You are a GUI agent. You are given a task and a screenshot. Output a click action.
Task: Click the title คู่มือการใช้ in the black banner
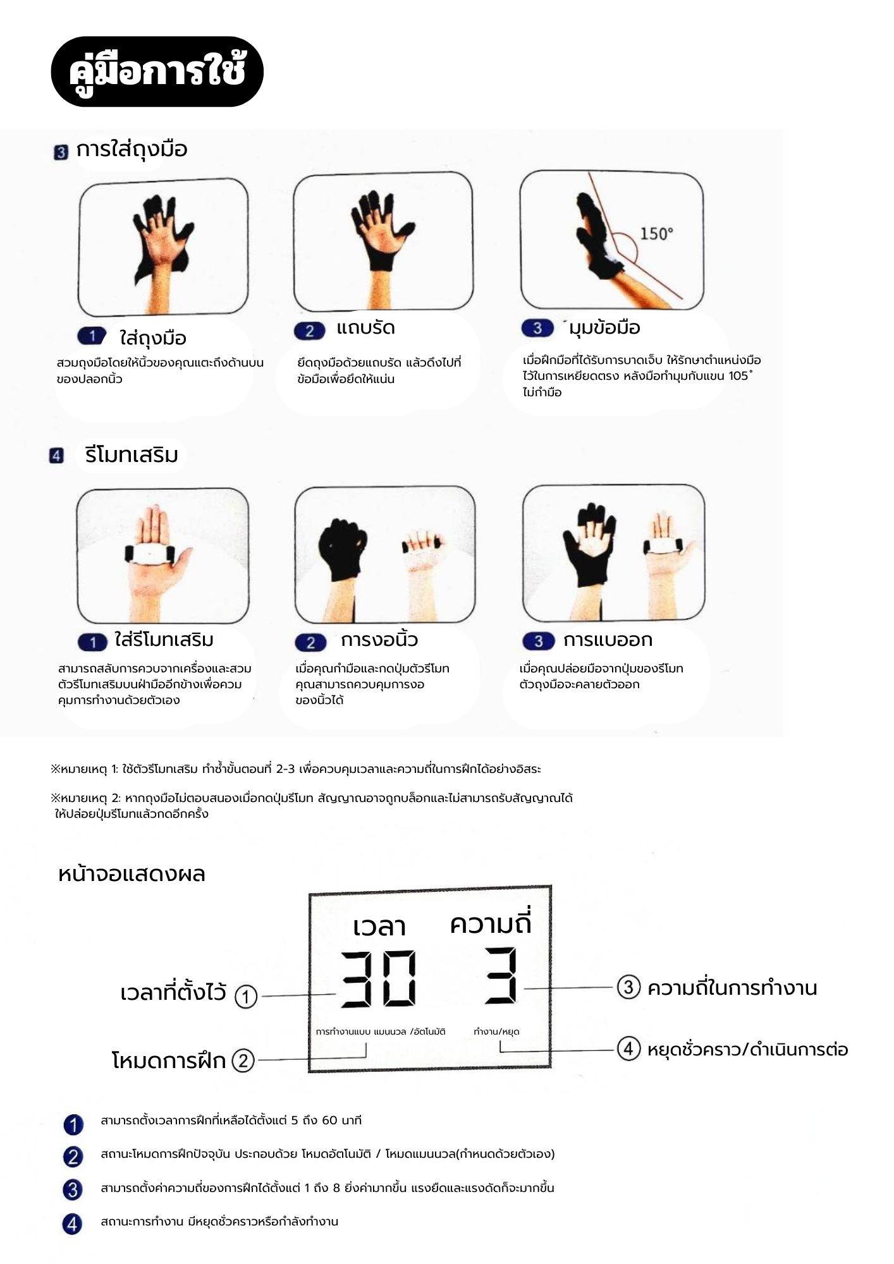[x=157, y=71]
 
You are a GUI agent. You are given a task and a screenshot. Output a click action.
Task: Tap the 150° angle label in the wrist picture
[x=656, y=233]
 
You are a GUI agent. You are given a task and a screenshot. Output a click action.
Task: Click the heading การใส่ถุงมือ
[x=132, y=149]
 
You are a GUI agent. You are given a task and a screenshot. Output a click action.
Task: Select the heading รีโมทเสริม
[x=132, y=454]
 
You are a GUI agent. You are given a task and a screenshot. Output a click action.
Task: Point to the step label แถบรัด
[x=365, y=328]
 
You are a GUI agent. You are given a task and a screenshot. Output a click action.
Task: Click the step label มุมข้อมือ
[x=604, y=327]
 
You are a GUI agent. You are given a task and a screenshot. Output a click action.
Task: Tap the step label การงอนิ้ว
[x=379, y=640]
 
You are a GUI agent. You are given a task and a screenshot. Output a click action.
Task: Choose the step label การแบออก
[x=608, y=640]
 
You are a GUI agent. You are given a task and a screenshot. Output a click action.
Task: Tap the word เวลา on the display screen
[x=379, y=927]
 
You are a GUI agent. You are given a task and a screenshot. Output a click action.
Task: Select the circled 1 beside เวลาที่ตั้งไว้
[x=246, y=997]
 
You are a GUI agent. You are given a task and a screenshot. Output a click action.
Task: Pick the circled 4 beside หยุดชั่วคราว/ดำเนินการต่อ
[x=628, y=1049]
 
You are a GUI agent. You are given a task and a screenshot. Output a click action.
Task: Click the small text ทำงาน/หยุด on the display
[x=496, y=1031]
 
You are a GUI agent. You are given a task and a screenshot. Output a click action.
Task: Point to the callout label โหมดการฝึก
[x=169, y=1060]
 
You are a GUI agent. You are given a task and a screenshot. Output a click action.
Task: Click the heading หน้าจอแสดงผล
[x=132, y=874]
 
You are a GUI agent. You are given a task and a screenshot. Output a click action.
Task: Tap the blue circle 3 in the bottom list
[x=73, y=1189]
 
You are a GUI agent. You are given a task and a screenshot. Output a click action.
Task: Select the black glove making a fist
[x=343, y=549]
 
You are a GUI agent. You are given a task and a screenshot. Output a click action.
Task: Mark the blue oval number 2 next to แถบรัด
[x=310, y=331]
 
